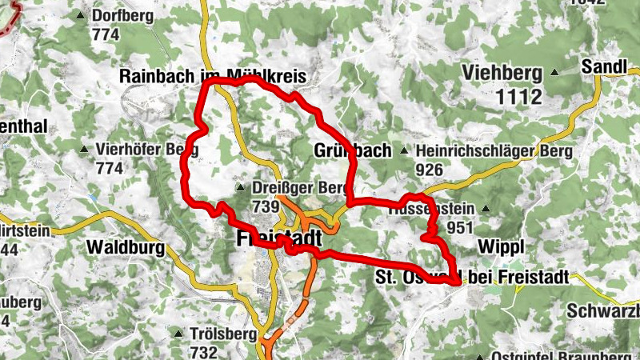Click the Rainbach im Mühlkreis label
click(214, 76)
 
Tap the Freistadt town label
click(279, 238)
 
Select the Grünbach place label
click(353, 150)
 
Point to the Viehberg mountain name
click(502, 74)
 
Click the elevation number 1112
click(518, 98)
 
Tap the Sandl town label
click(604, 66)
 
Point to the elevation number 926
click(430, 170)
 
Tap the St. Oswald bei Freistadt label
click(472, 278)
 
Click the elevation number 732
click(204, 351)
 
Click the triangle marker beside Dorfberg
click(81, 15)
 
